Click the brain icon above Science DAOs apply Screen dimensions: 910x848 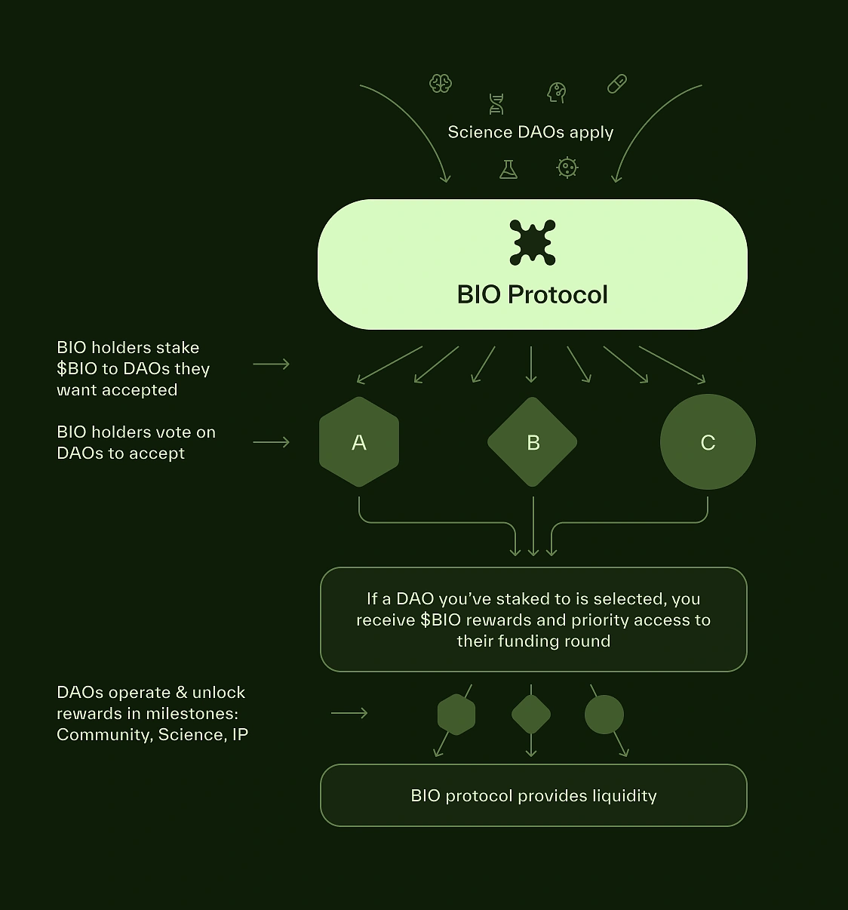pos(441,83)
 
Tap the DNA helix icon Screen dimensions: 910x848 pos(496,104)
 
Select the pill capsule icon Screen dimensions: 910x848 pos(617,84)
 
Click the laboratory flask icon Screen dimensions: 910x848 pos(508,169)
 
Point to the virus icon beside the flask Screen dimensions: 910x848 pos(567,168)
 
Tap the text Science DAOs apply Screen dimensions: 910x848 pos(530,132)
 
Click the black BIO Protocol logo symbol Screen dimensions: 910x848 pos(533,242)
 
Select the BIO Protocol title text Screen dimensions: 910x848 pos(533,294)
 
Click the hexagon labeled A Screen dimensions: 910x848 pos(359,442)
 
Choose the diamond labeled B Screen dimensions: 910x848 pos(533,442)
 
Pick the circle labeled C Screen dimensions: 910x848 pos(708,442)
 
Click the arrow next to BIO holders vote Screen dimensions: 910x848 pos(272,442)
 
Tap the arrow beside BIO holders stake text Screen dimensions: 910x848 pos(272,364)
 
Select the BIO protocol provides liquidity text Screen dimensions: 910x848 pos(533,796)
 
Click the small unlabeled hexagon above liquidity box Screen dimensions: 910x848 pos(456,715)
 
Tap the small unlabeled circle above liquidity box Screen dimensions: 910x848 pos(604,715)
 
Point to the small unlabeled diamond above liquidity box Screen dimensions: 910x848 pos(531,715)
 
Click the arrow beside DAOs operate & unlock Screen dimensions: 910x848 pos(349,713)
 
